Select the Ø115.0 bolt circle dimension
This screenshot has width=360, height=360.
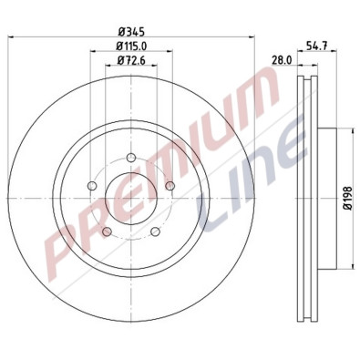point(132,46)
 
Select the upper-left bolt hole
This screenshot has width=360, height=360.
point(92,188)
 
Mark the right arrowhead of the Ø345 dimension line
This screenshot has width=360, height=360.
point(246,37)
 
